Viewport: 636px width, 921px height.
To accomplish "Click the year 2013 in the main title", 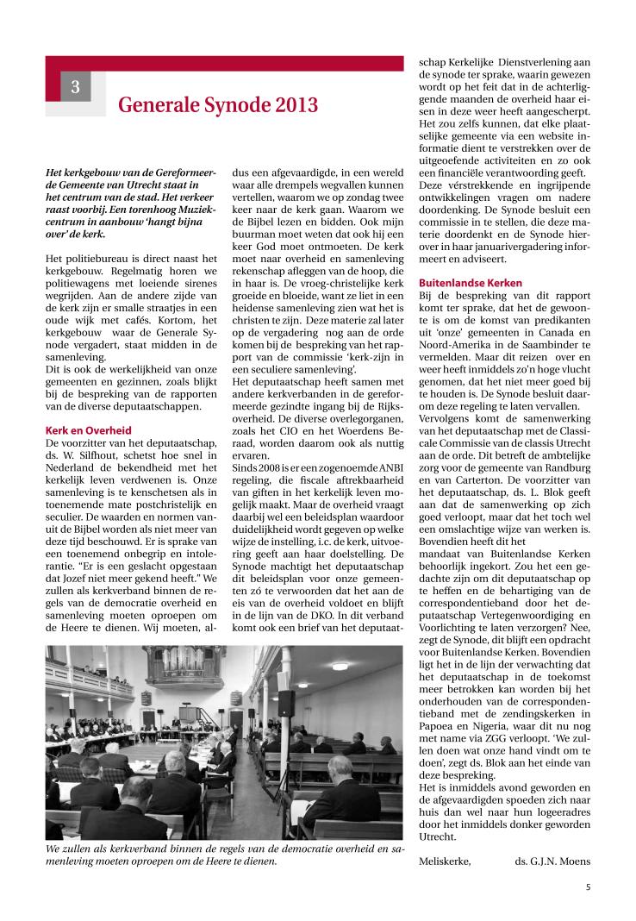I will (x=293, y=105).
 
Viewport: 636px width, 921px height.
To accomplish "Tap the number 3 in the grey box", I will (x=76, y=86).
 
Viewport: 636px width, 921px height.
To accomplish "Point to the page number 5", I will (x=588, y=886).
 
